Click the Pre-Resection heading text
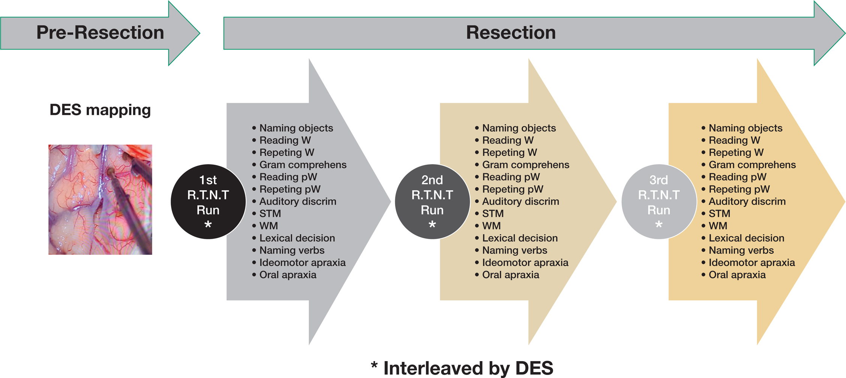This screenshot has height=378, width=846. tap(100, 33)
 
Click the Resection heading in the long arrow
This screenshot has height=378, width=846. tap(511, 33)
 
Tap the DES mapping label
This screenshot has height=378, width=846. tap(100, 110)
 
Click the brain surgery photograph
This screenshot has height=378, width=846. tap(100, 200)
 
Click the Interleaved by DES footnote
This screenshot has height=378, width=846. tap(462, 368)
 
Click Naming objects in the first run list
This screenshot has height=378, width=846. tap(296, 128)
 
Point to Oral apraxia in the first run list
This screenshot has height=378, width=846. tap(288, 275)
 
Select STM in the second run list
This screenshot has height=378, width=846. tap(493, 214)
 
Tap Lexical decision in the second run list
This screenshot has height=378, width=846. tap(520, 238)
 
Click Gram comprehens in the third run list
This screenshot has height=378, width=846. tap(752, 165)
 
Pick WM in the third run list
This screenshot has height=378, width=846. tap(718, 226)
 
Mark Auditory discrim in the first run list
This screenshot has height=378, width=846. tap(298, 202)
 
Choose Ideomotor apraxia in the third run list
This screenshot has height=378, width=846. tap(751, 263)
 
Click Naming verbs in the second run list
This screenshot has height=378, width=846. tap(514, 250)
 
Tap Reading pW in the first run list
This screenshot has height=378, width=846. tap(288, 177)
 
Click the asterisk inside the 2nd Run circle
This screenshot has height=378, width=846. tap(432, 225)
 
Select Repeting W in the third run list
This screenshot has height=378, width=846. tap(736, 152)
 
